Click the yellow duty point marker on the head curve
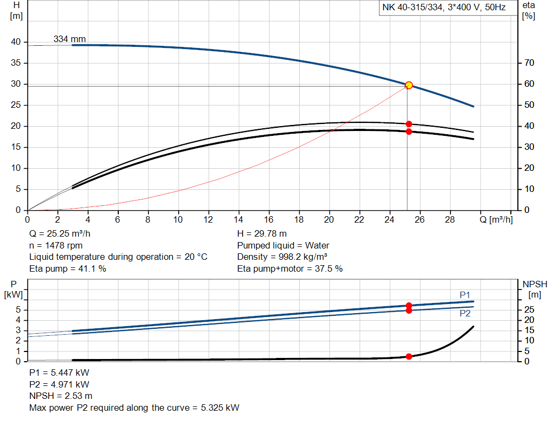[409, 85]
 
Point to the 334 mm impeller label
[69, 39]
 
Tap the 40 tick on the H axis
[16, 42]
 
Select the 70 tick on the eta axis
[529, 63]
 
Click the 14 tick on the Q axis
[239, 220]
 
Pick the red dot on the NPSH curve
[409, 356]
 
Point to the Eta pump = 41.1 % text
[68, 268]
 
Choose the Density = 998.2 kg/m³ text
[282, 257]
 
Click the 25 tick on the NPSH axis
[529, 310]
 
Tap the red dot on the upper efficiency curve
[409, 124]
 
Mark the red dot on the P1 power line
[409, 306]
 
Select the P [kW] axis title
[14, 289]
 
